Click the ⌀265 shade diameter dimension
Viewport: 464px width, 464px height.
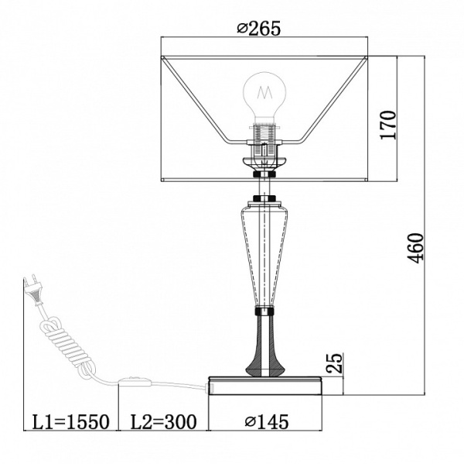point(258,29)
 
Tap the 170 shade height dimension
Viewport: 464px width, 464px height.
point(388,125)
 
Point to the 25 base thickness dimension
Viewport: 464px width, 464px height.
point(334,363)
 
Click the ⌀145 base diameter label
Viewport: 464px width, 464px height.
point(267,421)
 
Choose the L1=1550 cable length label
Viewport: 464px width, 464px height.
point(70,421)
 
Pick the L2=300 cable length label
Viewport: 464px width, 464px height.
point(163,421)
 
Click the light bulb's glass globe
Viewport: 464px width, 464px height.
point(264,95)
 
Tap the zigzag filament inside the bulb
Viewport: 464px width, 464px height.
point(264,92)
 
